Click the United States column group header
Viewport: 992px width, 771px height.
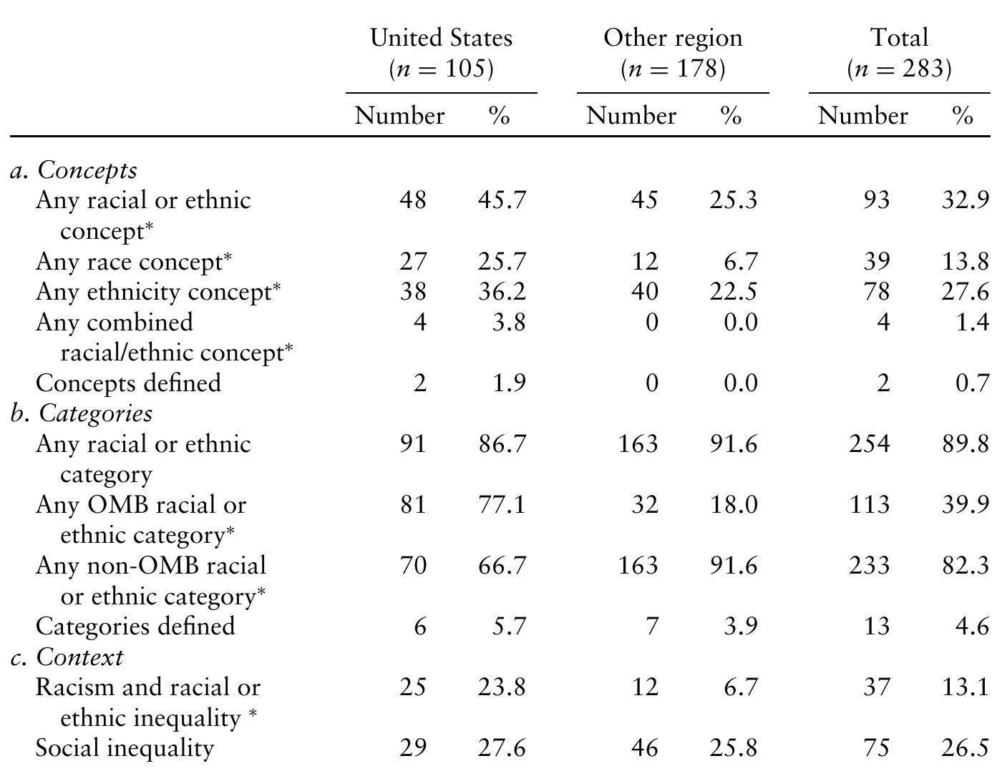point(441,53)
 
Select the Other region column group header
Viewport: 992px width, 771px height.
point(673,53)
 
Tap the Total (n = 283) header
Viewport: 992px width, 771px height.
point(899,53)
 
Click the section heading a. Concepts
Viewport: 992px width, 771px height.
point(74,170)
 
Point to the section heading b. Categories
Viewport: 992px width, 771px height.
point(82,413)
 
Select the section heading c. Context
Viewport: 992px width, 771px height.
point(67,657)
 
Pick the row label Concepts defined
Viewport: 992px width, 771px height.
point(128,383)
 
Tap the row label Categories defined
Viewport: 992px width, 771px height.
point(135,627)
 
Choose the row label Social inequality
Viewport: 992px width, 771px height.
point(125,748)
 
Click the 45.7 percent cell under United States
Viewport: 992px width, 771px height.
point(502,200)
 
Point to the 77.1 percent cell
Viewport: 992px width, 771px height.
point(502,505)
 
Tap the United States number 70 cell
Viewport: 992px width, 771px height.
point(413,566)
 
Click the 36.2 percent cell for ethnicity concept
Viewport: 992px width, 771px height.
point(502,292)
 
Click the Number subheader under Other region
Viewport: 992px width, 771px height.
point(631,116)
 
